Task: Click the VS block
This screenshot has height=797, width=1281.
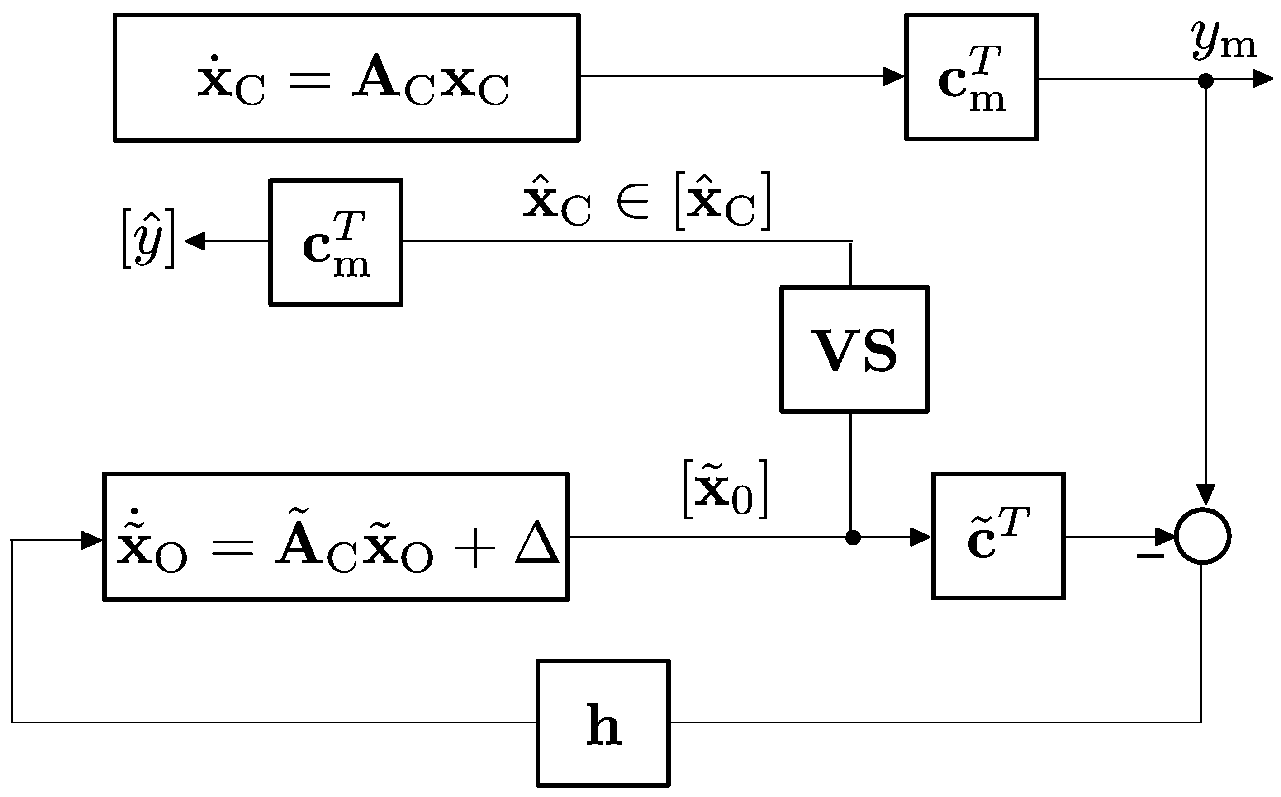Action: (854, 349)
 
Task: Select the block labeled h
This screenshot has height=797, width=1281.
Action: (603, 723)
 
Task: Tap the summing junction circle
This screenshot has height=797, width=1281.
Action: (1202, 537)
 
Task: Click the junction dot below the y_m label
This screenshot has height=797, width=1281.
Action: (1205, 80)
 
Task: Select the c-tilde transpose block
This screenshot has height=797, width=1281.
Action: (998, 536)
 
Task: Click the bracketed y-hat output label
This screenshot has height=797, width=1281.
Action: (147, 238)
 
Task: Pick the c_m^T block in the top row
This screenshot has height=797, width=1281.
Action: (972, 77)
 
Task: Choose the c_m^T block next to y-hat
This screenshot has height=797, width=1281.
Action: (336, 242)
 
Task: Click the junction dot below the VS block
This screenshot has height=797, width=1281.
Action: (853, 538)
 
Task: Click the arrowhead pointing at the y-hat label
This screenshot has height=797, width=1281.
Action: (195, 241)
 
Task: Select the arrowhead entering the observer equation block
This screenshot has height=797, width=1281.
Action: (91, 540)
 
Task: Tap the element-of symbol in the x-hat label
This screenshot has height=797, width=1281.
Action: (631, 203)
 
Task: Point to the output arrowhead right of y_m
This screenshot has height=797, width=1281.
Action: (1262, 79)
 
